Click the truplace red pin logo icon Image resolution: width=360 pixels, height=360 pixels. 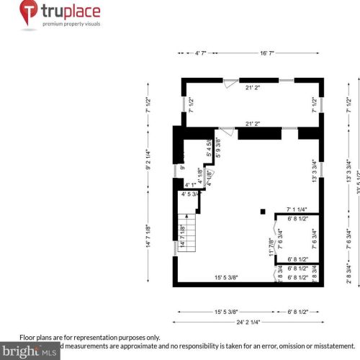(29, 12)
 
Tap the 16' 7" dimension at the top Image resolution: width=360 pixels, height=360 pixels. (267, 53)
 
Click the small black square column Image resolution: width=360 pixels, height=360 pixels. (264, 211)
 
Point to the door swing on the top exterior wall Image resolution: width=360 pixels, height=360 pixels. (228, 84)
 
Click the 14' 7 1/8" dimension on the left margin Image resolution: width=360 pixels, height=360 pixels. (148, 237)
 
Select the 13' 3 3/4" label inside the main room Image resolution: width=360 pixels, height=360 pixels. (314, 171)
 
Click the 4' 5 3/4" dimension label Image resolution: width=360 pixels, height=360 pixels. (192, 194)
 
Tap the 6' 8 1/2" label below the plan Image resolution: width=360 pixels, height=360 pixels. (297, 311)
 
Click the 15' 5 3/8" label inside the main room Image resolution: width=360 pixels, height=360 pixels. (226, 277)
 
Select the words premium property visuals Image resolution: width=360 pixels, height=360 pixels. (71, 24)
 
